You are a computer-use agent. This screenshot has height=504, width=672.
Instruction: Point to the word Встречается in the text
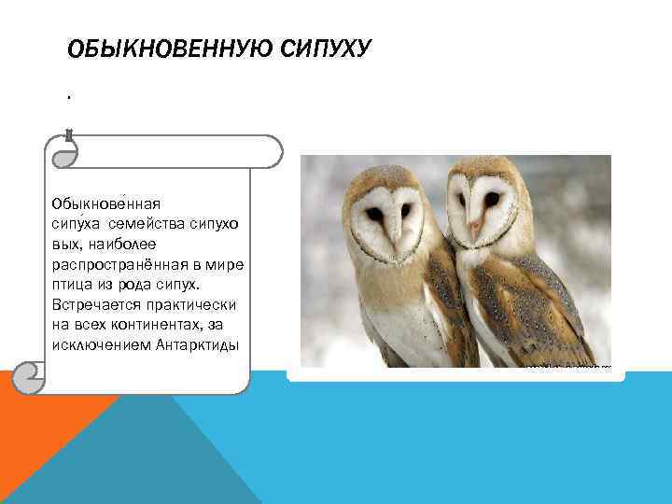tap(93, 304)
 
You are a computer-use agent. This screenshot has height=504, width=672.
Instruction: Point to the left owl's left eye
tap(374, 214)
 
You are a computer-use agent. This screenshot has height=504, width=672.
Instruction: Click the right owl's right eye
tap(492, 199)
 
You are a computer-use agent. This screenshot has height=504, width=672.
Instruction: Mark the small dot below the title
tap(69, 95)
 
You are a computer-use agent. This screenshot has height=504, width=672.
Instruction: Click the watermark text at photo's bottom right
tap(567, 367)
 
